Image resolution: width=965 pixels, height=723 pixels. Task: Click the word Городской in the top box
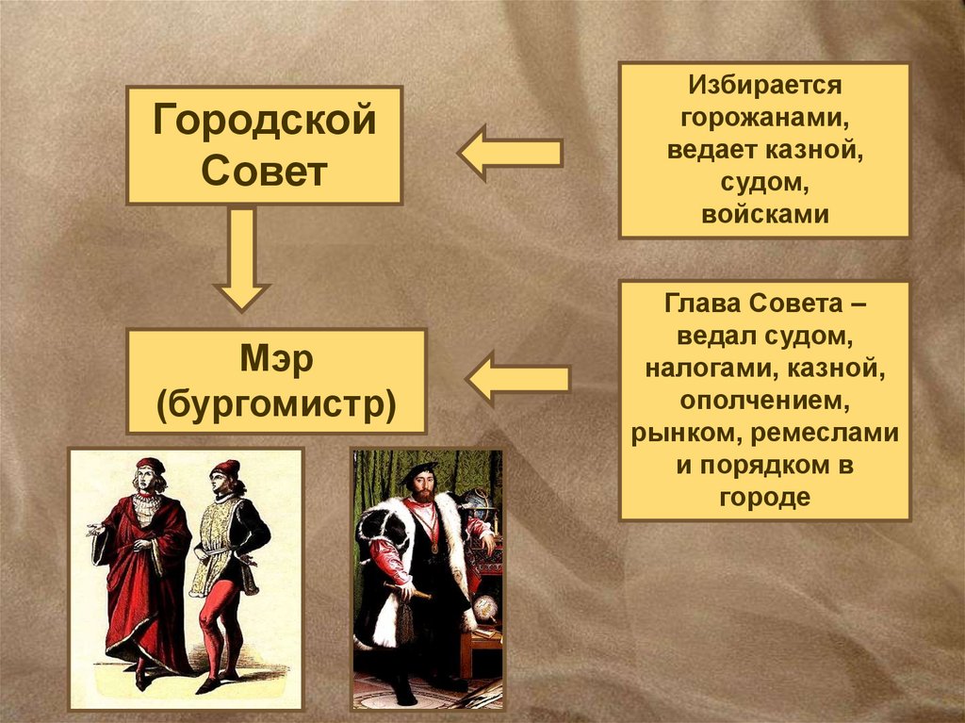point(265,122)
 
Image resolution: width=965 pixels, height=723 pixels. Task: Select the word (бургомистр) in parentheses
point(277,403)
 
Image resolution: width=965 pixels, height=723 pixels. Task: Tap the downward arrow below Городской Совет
point(241,258)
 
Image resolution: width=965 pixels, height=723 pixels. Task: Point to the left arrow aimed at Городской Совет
point(509,152)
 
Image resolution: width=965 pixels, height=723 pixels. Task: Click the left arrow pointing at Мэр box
point(517,378)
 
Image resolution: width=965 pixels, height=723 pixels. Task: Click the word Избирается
point(763,85)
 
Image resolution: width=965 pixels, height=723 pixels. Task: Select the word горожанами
point(763,117)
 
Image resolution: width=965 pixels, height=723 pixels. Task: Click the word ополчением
point(763,401)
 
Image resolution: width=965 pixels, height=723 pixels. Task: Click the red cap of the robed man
point(150,464)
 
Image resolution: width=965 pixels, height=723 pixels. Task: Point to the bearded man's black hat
point(418,470)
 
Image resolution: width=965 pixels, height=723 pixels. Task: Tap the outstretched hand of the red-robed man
point(95,530)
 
